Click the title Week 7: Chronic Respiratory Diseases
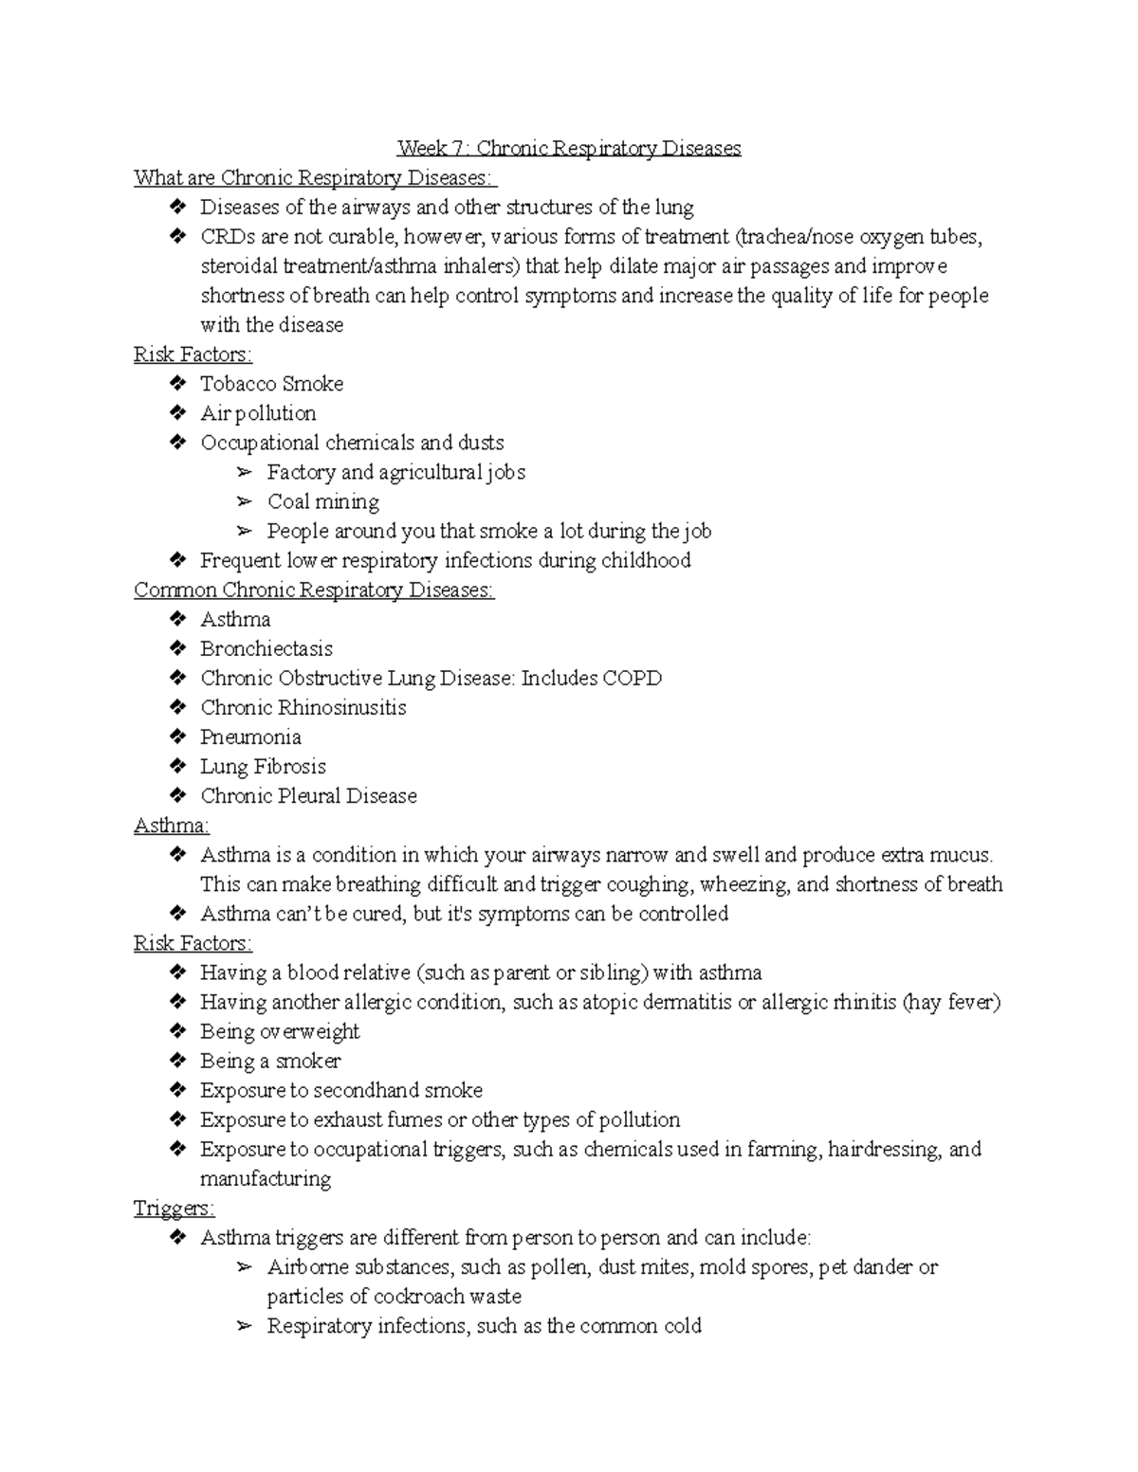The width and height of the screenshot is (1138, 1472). pyautogui.click(x=569, y=149)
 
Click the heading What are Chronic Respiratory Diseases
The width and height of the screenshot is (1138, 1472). pyautogui.click(x=315, y=178)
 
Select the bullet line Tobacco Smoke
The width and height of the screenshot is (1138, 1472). pyautogui.click(x=271, y=384)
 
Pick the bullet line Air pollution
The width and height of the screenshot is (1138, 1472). pyautogui.click(x=258, y=413)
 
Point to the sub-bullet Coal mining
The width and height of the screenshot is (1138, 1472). pyautogui.click(x=322, y=501)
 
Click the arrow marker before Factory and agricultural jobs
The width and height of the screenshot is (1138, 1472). pyautogui.click(x=245, y=472)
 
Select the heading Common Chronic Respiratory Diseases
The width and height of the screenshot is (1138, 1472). pyautogui.click(x=314, y=591)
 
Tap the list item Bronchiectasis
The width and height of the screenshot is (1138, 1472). pyautogui.click(x=266, y=649)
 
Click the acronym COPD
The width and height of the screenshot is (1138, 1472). pyautogui.click(x=631, y=679)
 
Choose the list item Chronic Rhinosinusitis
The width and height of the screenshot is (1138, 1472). pyautogui.click(x=303, y=708)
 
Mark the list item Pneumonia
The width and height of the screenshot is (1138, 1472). pyautogui.click(x=250, y=737)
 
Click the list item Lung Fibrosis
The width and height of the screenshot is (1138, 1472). pyautogui.click(x=263, y=767)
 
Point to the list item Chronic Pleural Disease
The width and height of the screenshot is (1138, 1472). pyautogui.click(x=308, y=796)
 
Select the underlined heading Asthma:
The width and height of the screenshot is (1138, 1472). pyautogui.click(x=172, y=826)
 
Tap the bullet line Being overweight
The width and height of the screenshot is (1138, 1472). pyautogui.click(x=280, y=1031)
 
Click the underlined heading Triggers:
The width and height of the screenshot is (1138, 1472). pyautogui.click(x=174, y=1208)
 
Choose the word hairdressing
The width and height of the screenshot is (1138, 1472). pyautogui.click(x=884, y=1150)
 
